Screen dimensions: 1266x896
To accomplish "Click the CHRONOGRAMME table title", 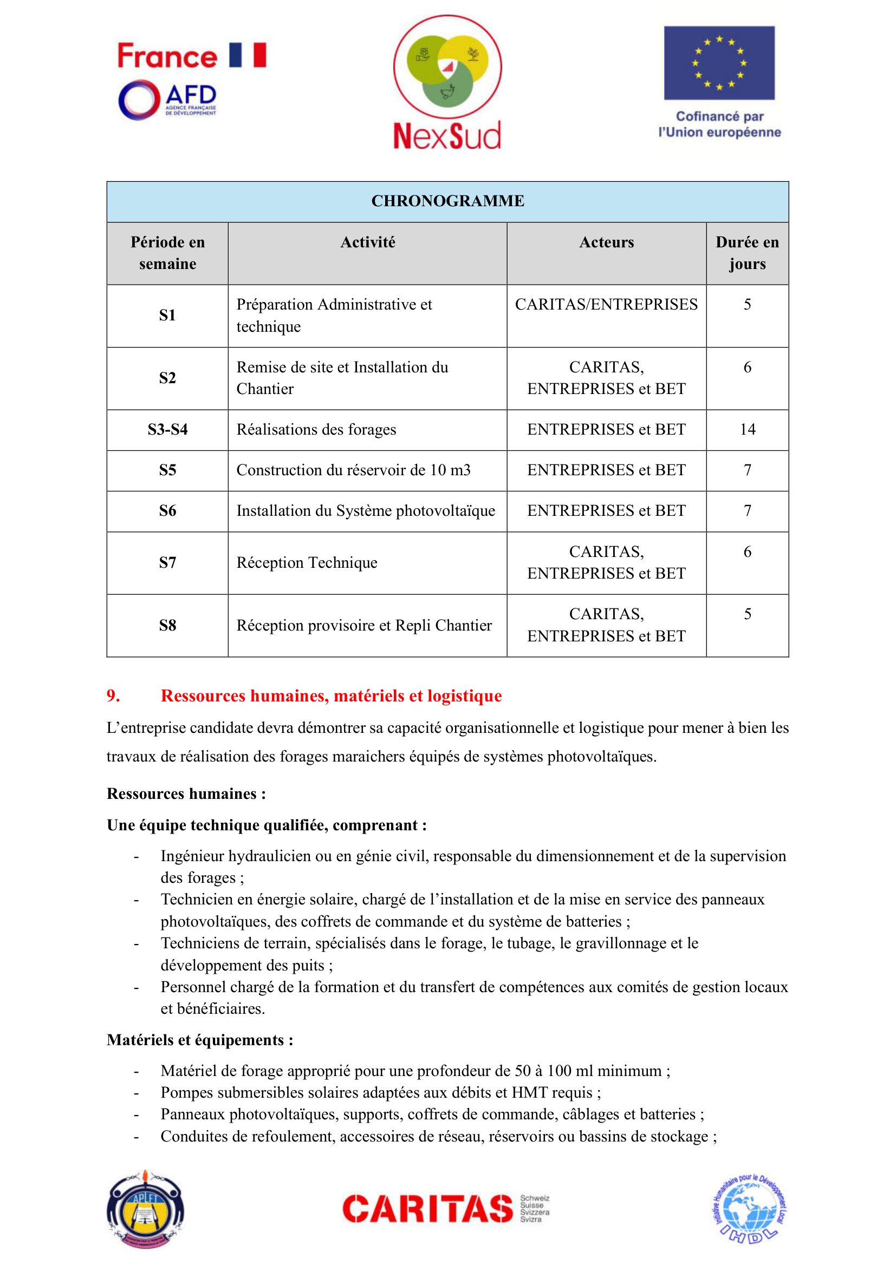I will pyautogui.click(x=447, y=201).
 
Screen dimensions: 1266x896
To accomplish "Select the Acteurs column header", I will pyautogui.click(x=606, y=242).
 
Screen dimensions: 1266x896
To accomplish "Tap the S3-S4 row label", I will pyautogui.click(x=167, y=430).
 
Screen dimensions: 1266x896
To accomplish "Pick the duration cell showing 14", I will pyautogui.click(x=747, y=430).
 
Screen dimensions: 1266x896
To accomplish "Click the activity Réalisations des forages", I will pyautogui.click(x=316, y=430).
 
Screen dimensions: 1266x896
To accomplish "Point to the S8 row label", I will pyautogui.click(x=167, y=625).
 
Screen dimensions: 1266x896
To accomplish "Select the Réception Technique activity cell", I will pyautogui.click(x=307, y=562).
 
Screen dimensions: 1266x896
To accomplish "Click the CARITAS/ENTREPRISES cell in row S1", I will pyautogui.click(x=606, y=304).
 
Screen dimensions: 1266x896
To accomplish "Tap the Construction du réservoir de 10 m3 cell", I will pyautogui.click(x=353, y=470).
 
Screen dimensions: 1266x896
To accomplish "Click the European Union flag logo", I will pyautogui.click(x=719, y=63).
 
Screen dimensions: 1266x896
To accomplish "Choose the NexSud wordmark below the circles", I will pyautogui.click(x=447, y=136).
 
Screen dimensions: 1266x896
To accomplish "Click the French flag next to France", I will pyautogui.click(x=248, y=55).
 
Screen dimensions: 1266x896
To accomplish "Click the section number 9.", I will pyautogui.click(x=113, y=696).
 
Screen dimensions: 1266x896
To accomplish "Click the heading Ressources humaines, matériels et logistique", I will pyautogui.click(x=331, y=696).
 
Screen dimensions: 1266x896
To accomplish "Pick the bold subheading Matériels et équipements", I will pyautogui.click(x=200, y=1040).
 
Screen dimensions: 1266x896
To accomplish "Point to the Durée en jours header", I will pyautogui.click(x=747, y=253).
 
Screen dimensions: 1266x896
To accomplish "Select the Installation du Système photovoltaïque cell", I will pyautogui.click(x=366, y=511).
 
